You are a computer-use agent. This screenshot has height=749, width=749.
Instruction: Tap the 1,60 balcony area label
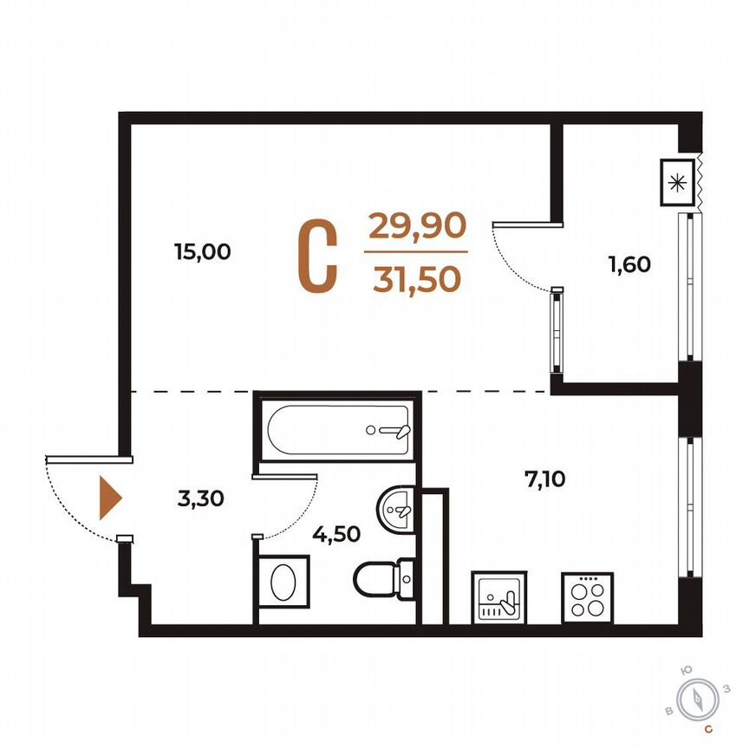(629, 265)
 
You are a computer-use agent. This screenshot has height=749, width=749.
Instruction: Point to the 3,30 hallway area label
(201, 498)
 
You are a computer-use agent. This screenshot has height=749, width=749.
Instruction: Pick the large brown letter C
(317, 255)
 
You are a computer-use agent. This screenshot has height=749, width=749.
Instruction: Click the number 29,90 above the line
(418, 226)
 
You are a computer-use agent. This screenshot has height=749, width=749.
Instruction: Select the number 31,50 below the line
(417, 279)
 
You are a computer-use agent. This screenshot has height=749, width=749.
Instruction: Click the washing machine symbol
(283, 583)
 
